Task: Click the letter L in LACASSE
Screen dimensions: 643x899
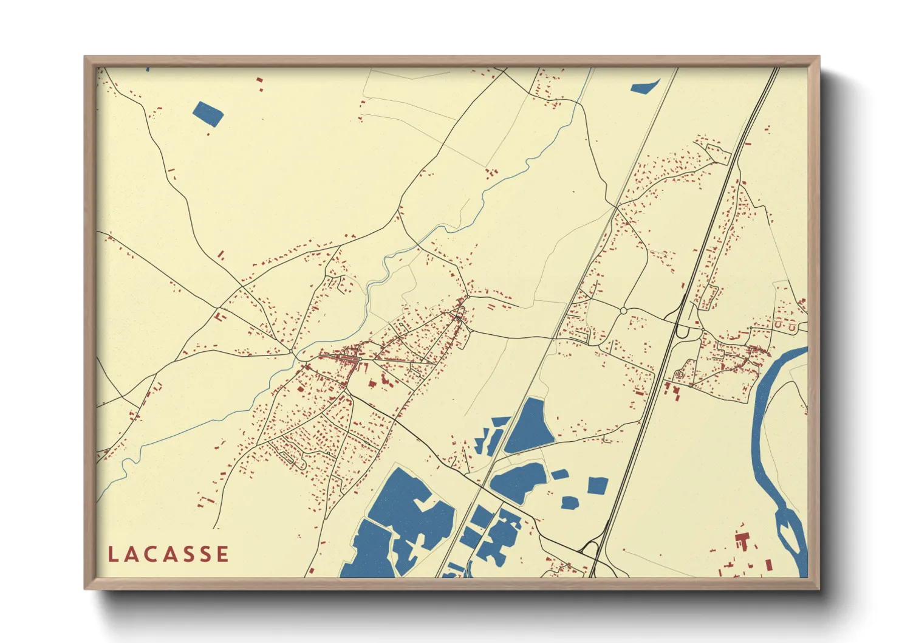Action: pos(113,554)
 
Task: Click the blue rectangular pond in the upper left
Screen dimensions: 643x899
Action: pos(208,114)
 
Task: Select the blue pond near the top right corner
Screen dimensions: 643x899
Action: pos(644,87)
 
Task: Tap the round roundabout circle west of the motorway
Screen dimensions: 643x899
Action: pos(623,311)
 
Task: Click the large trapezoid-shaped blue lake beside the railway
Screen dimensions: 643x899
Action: pos(529,427)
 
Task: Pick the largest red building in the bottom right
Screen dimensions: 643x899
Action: pos(742,540)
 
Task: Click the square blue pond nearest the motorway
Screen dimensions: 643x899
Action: pos(598,485)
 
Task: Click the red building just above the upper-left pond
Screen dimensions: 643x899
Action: pos(259,80)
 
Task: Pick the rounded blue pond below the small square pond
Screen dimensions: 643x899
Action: pos(569,503)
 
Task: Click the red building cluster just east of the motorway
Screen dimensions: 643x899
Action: pos(673,388)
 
